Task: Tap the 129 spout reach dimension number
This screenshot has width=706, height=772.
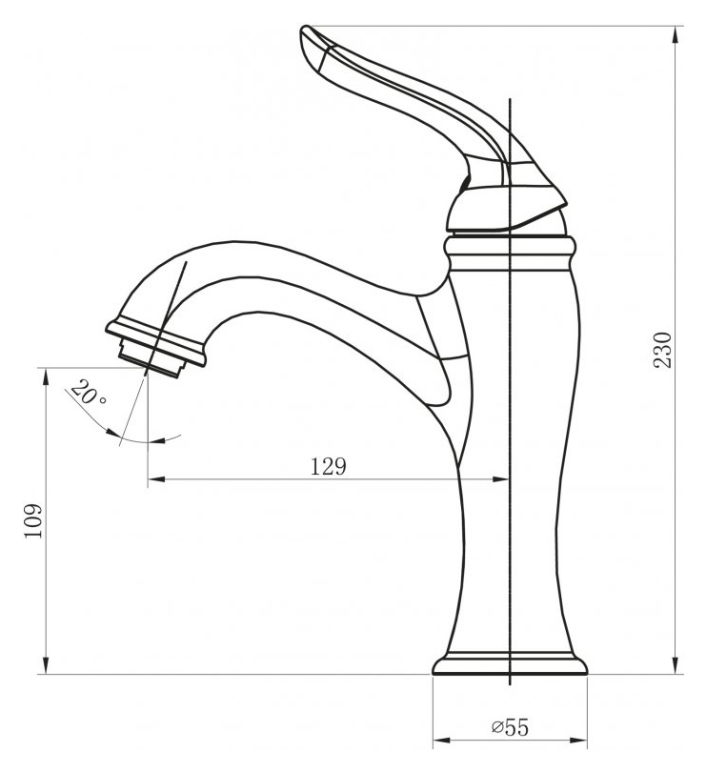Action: pyautogui.click(x=329, y=466)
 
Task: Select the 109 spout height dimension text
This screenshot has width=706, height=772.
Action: pyautogui.click(x=33, y=521)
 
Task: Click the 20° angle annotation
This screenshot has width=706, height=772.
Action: pyautogui.click(x=88, y=393)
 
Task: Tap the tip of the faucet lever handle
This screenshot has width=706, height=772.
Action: pyautogui.click(x=304, y=30)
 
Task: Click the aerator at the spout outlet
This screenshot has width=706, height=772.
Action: pyautogui.click(x=151, y=358)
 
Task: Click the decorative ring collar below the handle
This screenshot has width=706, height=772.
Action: pyautogui.click(x=510, y=254)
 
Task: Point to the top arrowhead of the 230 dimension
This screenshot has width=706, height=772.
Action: pyautogui.click(x=677, y=35)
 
